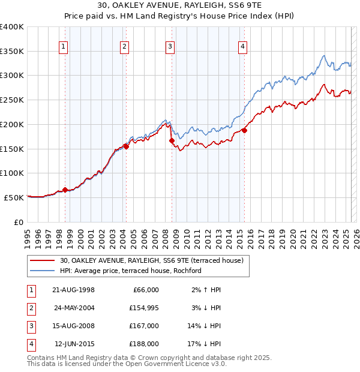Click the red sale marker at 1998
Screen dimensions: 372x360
point(65,190)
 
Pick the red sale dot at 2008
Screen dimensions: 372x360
point(172,140)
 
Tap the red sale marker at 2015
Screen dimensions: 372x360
point(245,130)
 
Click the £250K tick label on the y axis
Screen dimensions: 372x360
point(12,100)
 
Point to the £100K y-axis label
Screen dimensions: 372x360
point(12,173)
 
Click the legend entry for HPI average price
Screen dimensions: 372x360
point(130,271)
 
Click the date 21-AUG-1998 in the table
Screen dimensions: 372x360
point(74,290)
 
